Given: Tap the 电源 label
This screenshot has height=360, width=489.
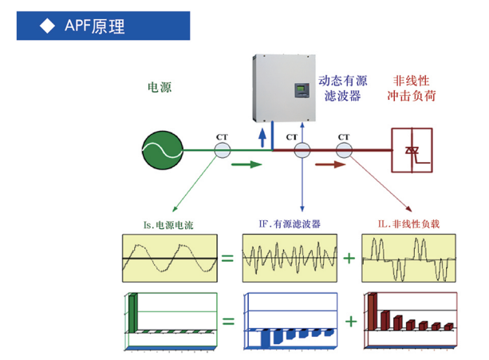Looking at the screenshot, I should (x=160, y=88).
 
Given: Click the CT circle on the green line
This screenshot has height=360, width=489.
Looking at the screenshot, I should (x=221, y=149).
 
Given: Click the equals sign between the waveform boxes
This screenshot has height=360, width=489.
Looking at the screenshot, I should (x=228, y=259).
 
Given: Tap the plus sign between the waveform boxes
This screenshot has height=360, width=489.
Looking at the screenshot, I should (x=349, y=259).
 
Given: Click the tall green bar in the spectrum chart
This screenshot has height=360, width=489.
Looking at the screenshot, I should (x=134, y=311).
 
